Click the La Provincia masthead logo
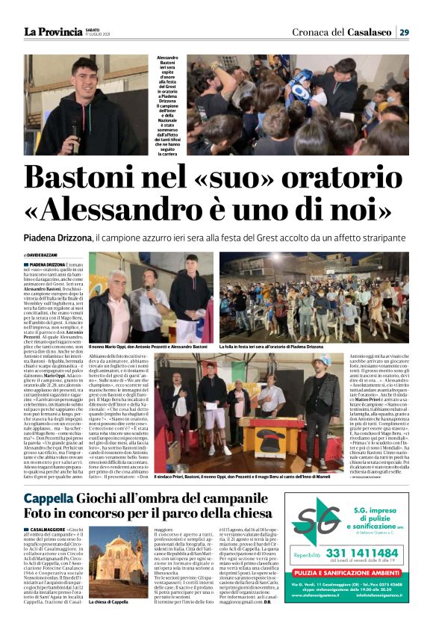[x=52, y=31]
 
